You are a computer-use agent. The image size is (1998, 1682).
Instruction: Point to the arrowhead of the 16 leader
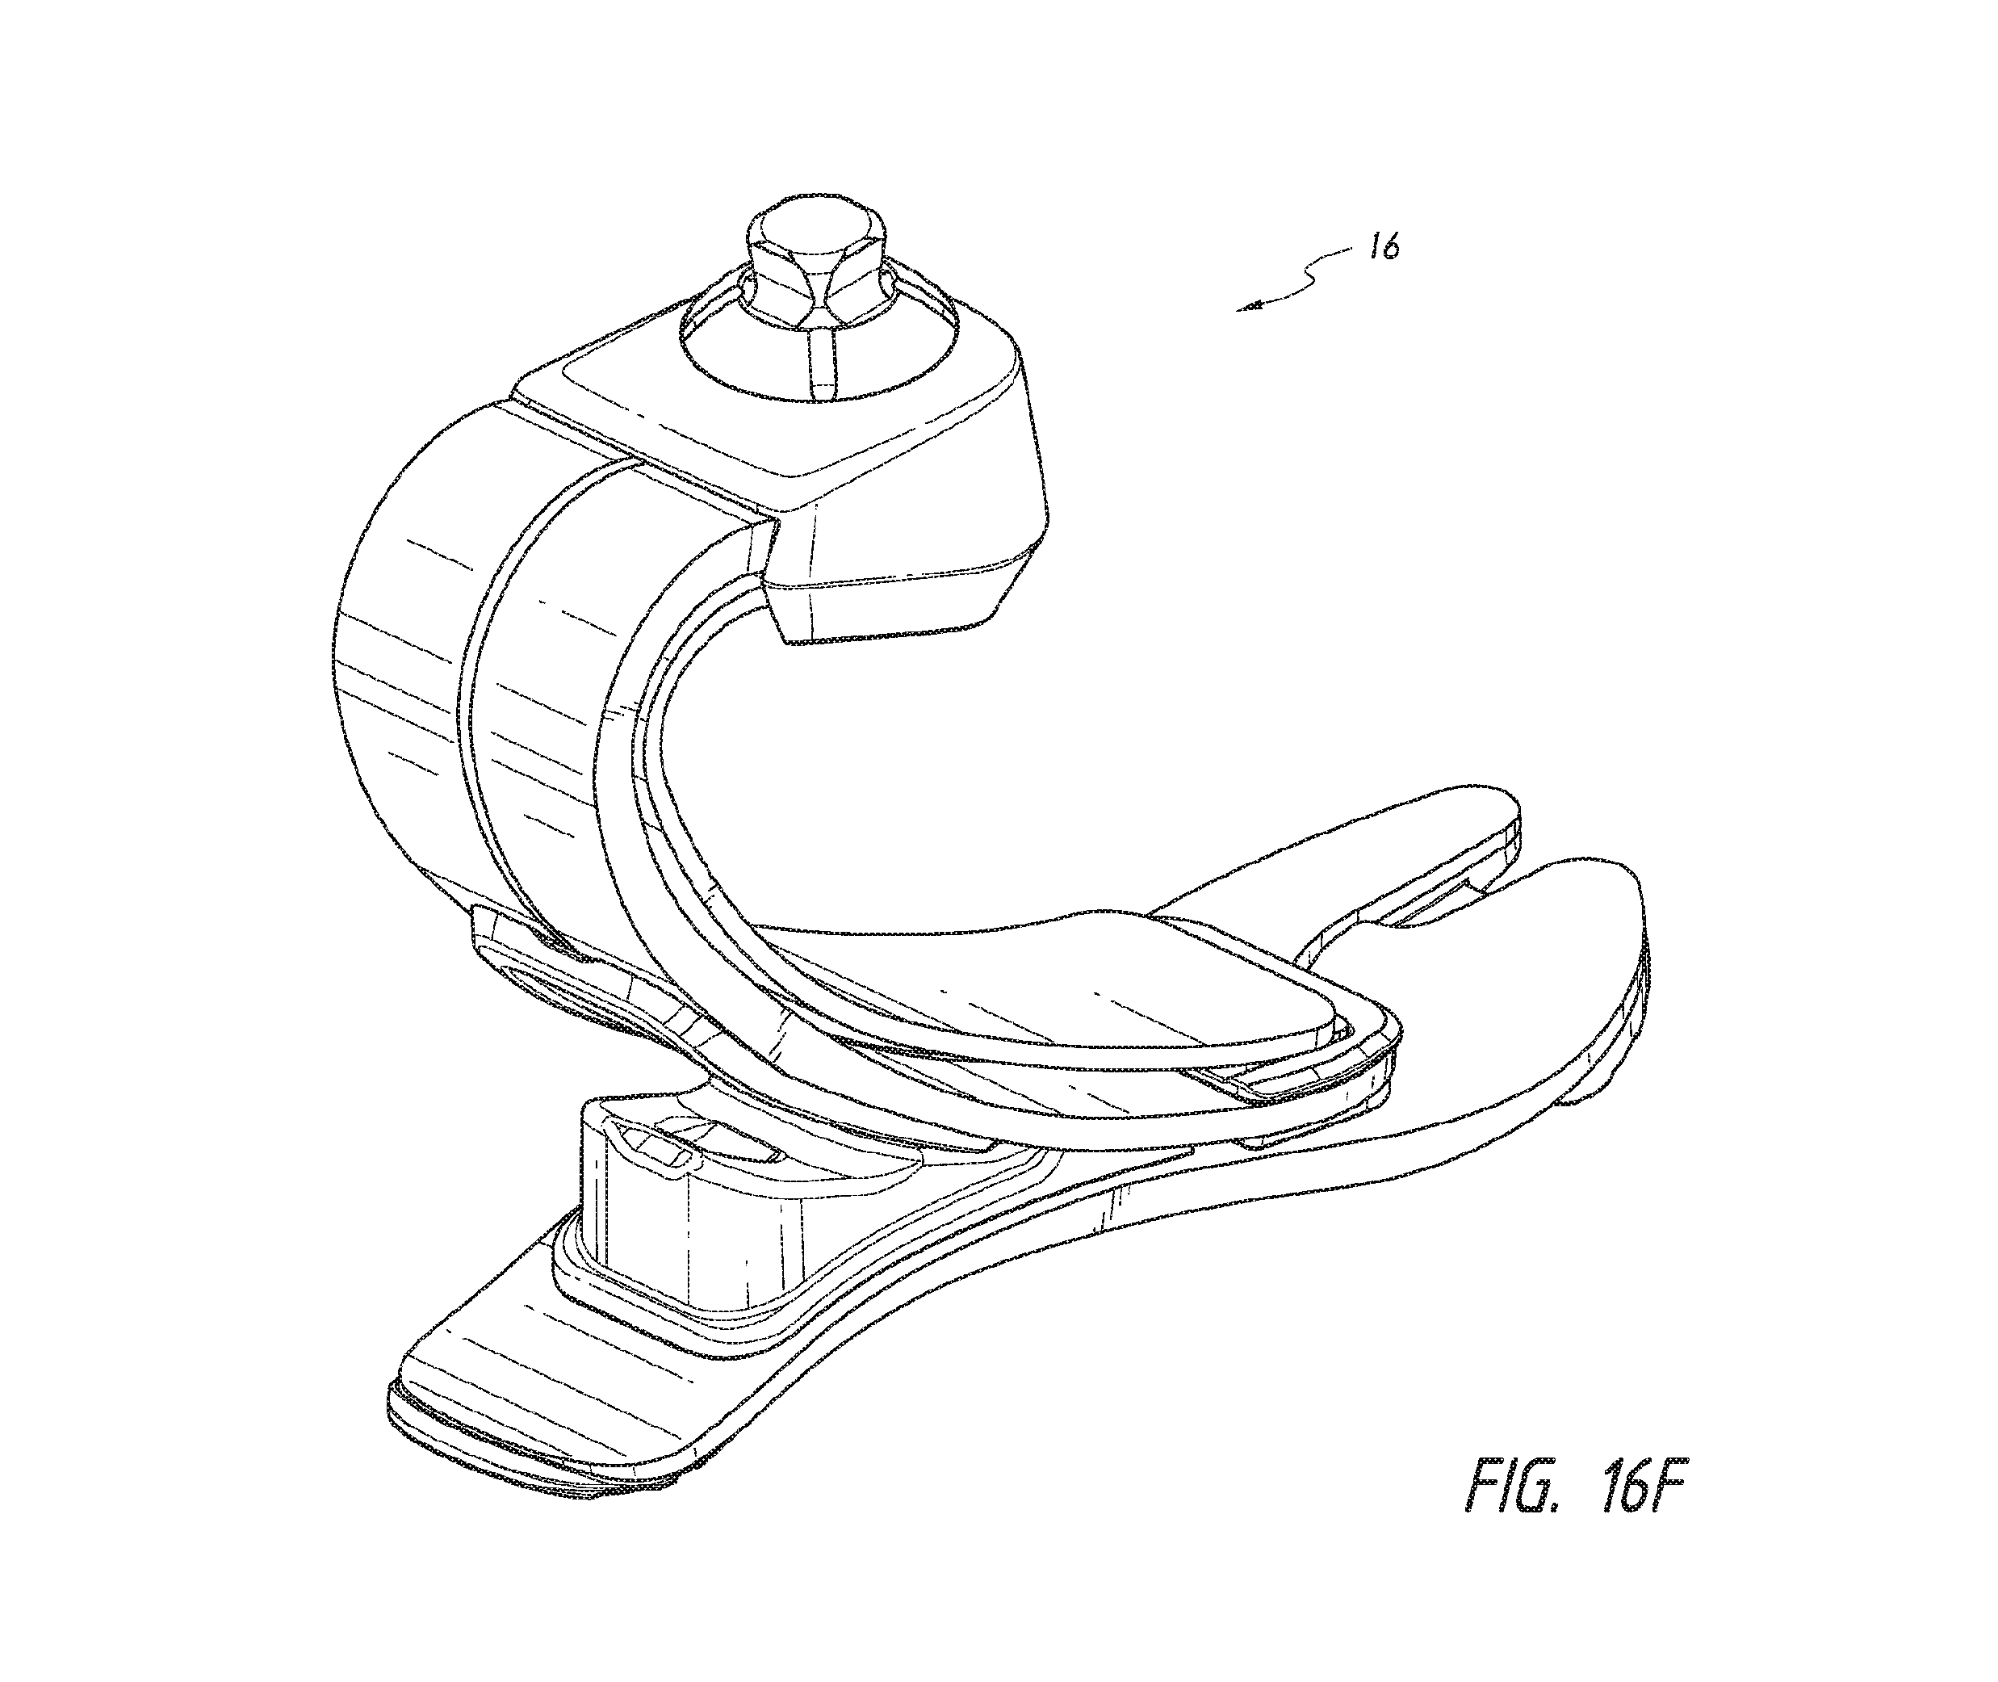pyautogui.click(x=1246, y=307)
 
